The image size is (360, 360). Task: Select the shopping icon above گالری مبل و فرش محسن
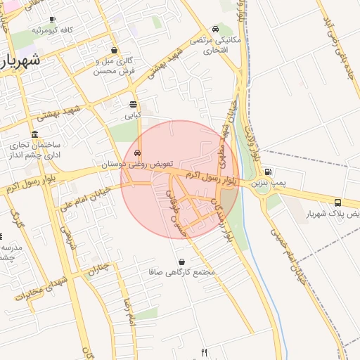coord(114,50)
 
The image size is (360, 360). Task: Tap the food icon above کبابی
coord(133,104)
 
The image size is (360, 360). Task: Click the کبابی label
coord(133,114)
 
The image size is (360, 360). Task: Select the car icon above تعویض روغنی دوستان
coord(137,153)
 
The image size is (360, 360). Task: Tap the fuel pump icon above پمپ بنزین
coord(268,172)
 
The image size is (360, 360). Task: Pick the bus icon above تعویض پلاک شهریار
coord(338,202)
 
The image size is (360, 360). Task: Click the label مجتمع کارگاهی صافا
coord(182,272)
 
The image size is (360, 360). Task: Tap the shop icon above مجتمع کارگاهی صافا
coord(182,262)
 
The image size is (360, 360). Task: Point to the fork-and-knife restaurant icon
coord(205,352)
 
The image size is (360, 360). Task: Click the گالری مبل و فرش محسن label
coord(114,66)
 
